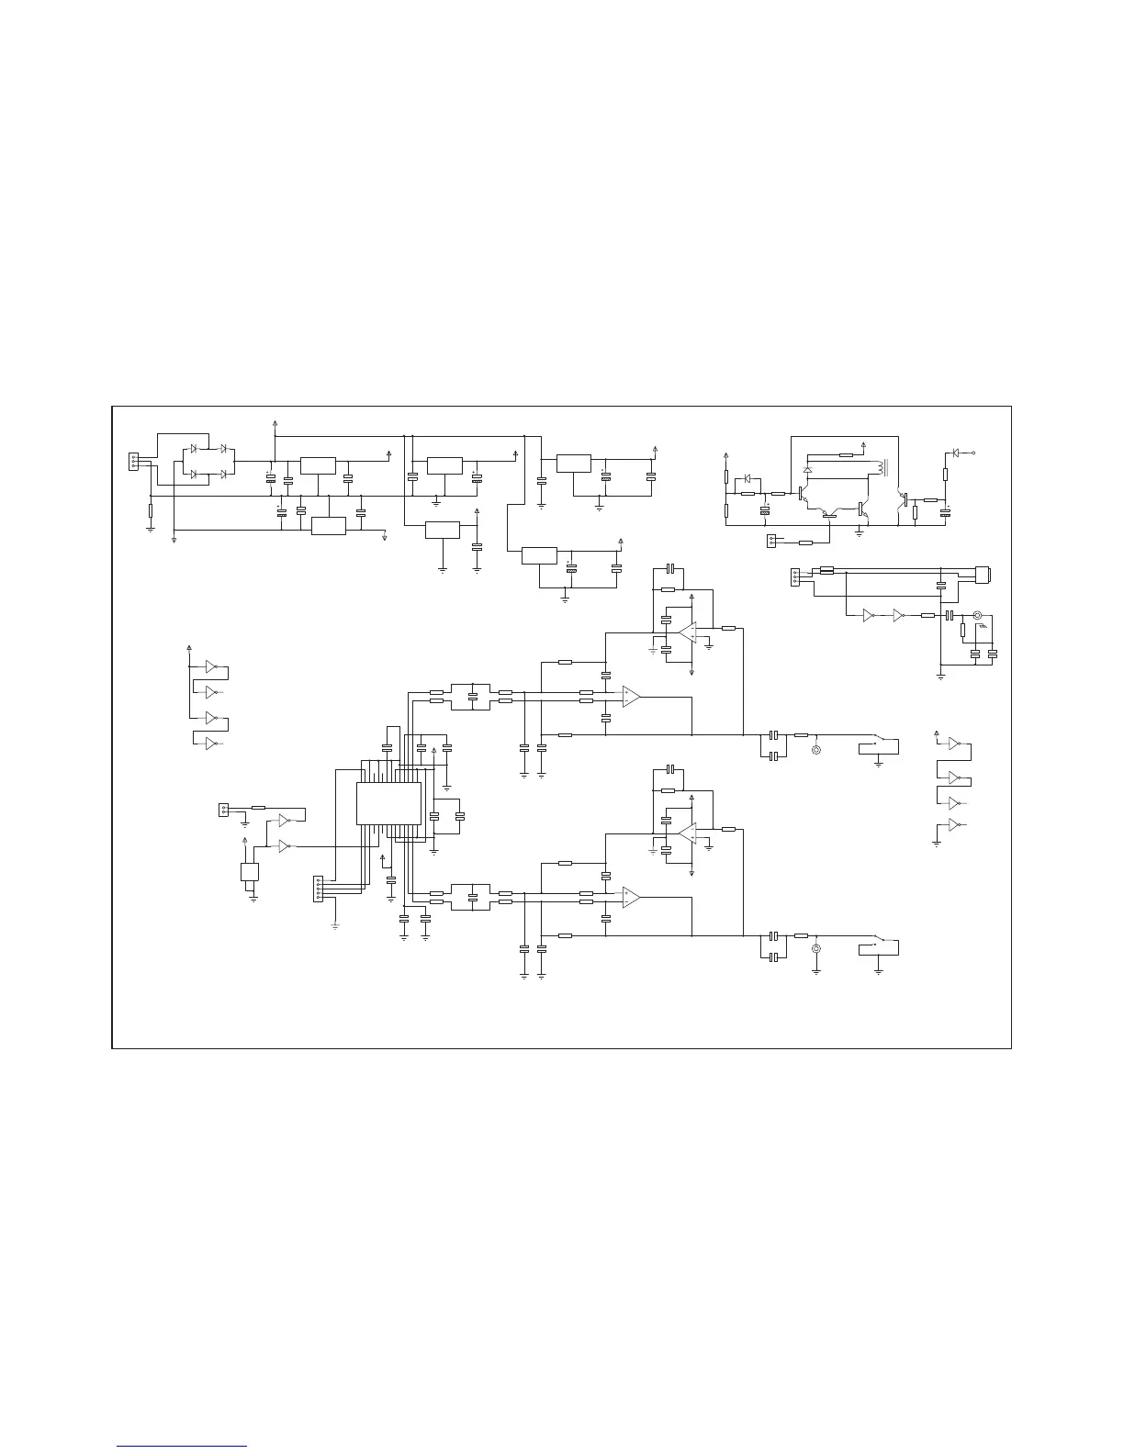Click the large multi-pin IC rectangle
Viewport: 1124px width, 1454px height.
(x=388, y=802)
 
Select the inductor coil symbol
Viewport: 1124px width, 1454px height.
(x=883, y=468)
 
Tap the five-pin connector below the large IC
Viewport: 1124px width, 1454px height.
(x=319, y=888)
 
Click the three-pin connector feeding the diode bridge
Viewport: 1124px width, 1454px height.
(x=134, y=461)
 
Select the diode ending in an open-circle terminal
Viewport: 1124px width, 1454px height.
(x=958, y=453)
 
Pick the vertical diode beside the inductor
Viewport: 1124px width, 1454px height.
(x=807, y=469)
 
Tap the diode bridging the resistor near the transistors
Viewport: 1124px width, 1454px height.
(x=747, y=478)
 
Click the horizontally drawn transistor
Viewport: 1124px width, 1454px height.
(x=829, y=515)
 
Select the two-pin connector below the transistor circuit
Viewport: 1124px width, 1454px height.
(x=771, y=541)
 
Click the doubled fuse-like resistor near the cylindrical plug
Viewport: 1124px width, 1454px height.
(x=826, y=570)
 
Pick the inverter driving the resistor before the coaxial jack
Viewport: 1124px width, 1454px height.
(x=898, y=616)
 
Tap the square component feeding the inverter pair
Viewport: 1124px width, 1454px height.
(x=249, y=872)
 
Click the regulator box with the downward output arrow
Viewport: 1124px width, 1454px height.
(x=328, y=526)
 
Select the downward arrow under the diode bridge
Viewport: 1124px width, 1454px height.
(x=174, y=541)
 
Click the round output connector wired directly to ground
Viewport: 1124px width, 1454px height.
(x=815, y=953)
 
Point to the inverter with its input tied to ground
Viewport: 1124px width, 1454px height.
(x=955, y=824)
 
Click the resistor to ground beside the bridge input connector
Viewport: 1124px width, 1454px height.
(x=150, y=509)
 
